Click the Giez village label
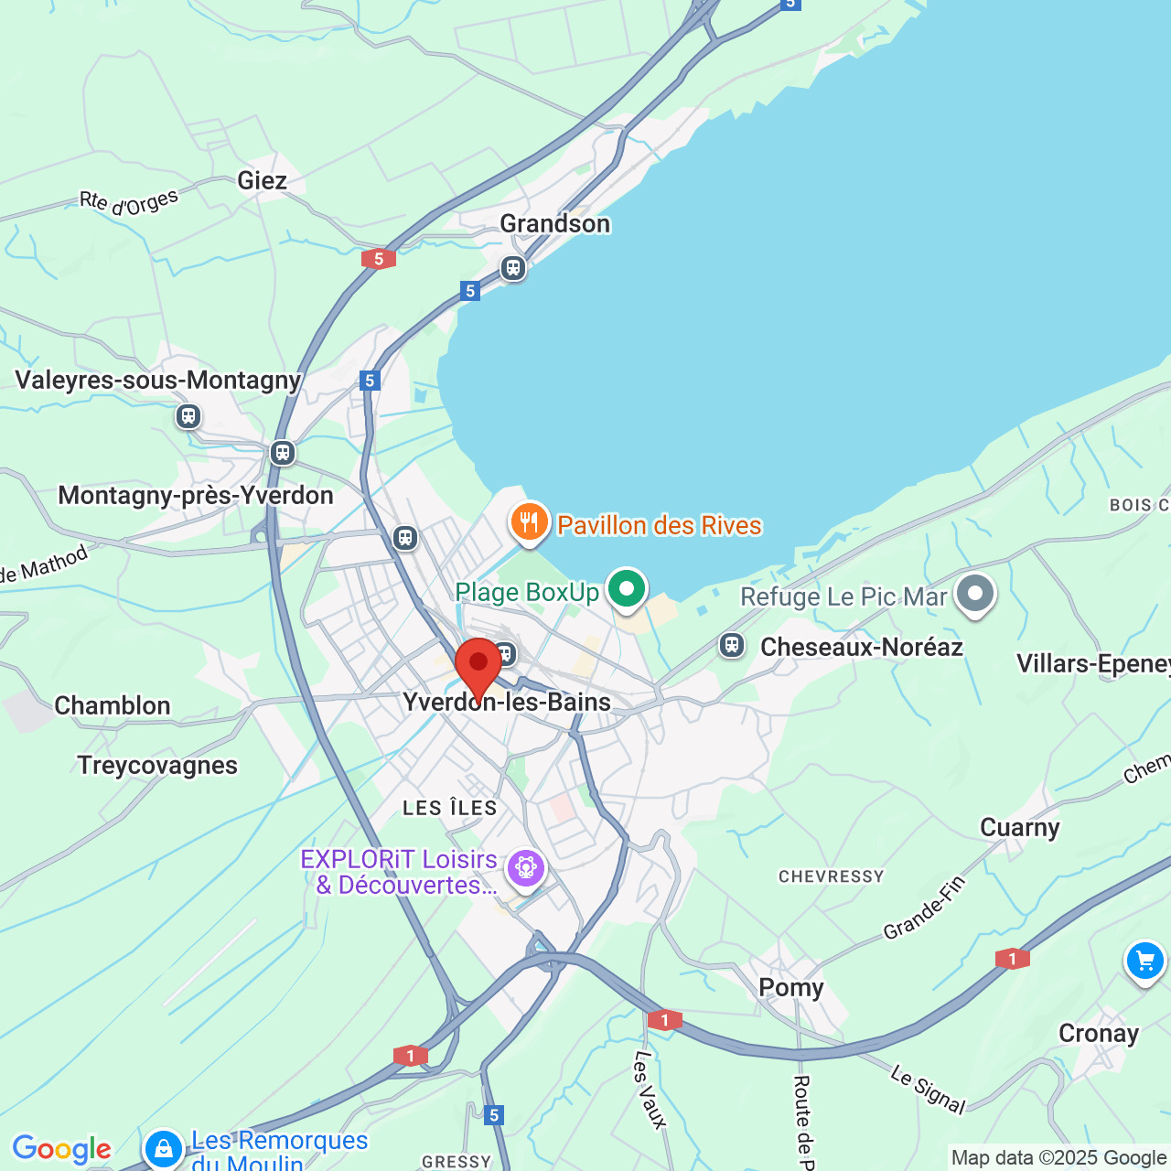coord(263,180)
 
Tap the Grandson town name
coord(554,223)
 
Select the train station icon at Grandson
coord(513,268)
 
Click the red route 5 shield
coord(378,259)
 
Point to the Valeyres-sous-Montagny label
coord(158,380)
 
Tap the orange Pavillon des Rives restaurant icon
coord(529,523)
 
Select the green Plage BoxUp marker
coord(627,589)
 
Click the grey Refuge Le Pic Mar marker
coord(975,594)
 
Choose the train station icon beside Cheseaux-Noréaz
coord(731,645)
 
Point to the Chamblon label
coord(113,705)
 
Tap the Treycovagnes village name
coord(157,765)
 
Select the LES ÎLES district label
coord(450,808)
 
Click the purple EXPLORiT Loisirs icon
coord(526,866)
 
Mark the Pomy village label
coord(791,987)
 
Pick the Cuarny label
coord(1019,827)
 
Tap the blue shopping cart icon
coord(1144,962)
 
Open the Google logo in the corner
coord(61,1149)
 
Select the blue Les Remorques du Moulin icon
coord(164,1147)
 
